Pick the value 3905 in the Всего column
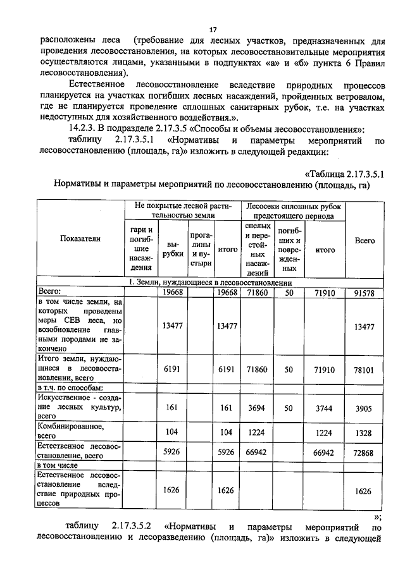(x=365, y=408)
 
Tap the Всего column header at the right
(x=365, y=240)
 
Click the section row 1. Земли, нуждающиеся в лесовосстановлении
(x=209, y=283)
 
